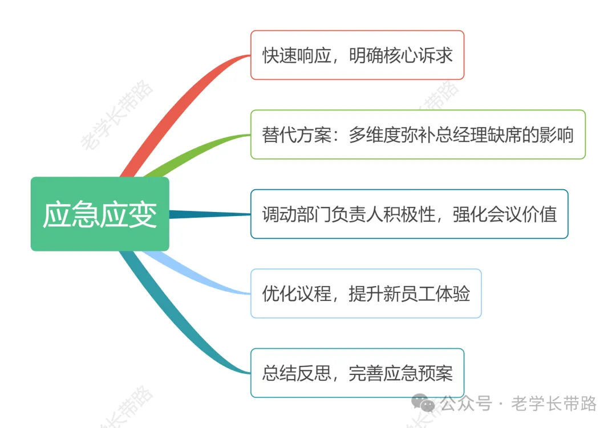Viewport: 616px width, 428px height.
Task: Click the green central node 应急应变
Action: point(100,214)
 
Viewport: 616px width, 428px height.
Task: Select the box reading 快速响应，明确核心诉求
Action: point(357,55)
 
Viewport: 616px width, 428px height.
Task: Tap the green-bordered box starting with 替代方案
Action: point(418,134)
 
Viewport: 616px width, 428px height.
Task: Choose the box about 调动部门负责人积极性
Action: point(409,214)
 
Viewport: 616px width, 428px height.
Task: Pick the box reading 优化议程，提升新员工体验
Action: point(366,294)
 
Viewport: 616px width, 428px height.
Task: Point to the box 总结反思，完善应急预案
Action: point(357,373)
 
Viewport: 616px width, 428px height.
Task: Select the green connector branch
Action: point(194,149)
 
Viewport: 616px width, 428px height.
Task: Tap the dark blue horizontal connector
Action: point(208,214)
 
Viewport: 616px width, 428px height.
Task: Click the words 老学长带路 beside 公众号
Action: point(554,403)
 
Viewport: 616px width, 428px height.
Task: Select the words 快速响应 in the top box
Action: point(297,55)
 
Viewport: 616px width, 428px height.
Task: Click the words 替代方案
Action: point(297,135)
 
